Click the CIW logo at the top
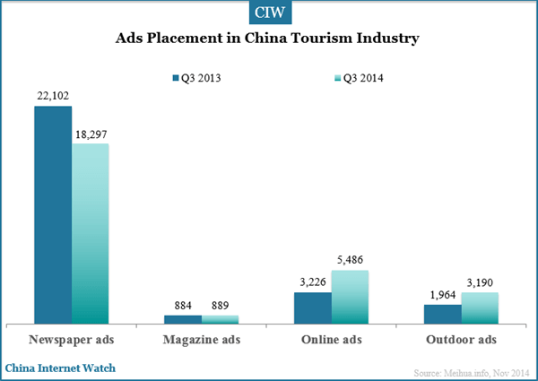tap(268, 13)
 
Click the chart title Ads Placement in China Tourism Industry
tap(268, 39)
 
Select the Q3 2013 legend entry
tap(195, 78)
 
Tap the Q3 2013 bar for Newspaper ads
tap(53, 215)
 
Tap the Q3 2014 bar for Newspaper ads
tap(91, 233)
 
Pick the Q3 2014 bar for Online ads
tap(350, 297)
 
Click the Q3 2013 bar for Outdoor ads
tap(442, 313)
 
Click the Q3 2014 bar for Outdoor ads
tap(480, 307)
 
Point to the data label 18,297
tap(91, 134)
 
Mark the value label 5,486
tap(351, 260)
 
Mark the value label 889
tap(221, 305)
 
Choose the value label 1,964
tap(442, 294)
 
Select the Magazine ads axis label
tap(202, 341)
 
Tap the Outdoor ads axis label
tap(461, 341)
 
